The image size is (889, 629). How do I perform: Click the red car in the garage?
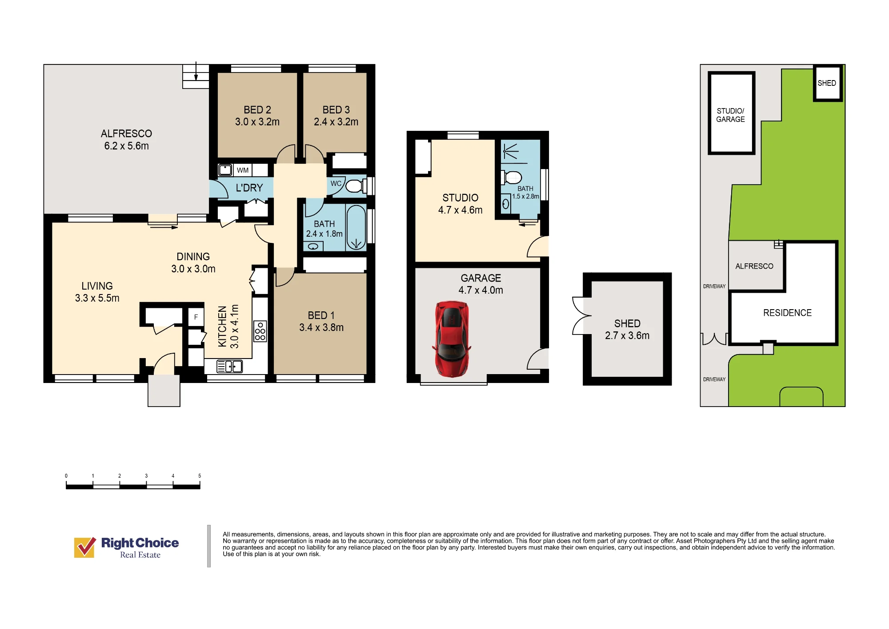(x=452, y=339)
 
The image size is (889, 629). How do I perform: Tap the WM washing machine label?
(x=243, y=170)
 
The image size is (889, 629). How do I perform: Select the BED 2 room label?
(x=257, y=110)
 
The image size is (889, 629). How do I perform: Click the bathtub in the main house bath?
(x=356, y=227)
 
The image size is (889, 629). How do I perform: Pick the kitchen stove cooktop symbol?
(x=260, y=331)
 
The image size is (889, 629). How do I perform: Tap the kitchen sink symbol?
(x=229, y=367)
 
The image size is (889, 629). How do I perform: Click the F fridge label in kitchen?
(x=196, y=317)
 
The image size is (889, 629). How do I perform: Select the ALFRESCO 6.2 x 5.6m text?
(x=127, y=140)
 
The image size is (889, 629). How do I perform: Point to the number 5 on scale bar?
(x=200, y=476)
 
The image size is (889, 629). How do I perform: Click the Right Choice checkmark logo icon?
(x=84, y=547)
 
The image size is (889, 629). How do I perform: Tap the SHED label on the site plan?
(x=827, y=83)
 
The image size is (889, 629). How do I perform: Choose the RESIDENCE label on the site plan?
(x=787, y=313)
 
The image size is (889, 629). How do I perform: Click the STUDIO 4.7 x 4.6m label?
(x=461, y=204)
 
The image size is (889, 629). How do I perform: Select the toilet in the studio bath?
(x=511, y=177)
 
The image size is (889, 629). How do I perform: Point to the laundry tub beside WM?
(x=225, y=170)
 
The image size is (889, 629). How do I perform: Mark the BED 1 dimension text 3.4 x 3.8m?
(x=321, y=328)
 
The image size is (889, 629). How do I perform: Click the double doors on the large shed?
(x=581, y=315)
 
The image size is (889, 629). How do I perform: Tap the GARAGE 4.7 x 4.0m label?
(x=481, y=284)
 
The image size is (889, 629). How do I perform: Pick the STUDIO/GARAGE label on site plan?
(x=730, y=115)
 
